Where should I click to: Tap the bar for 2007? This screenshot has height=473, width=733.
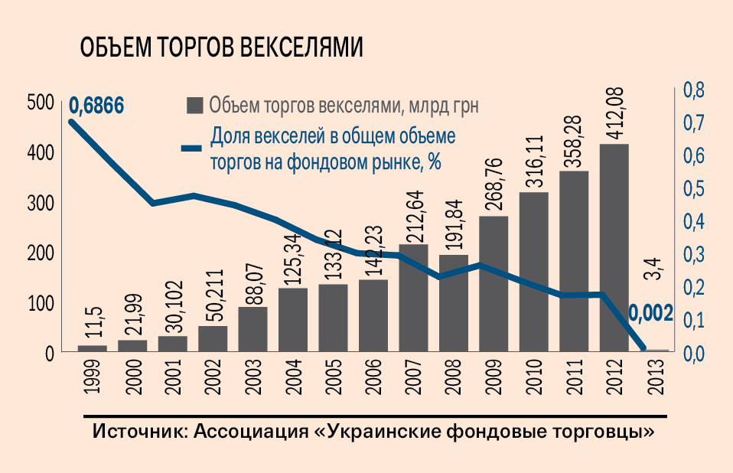[413, 298]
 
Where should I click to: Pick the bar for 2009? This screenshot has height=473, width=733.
[494, 283]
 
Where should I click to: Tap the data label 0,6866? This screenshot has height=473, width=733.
[96, 106]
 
